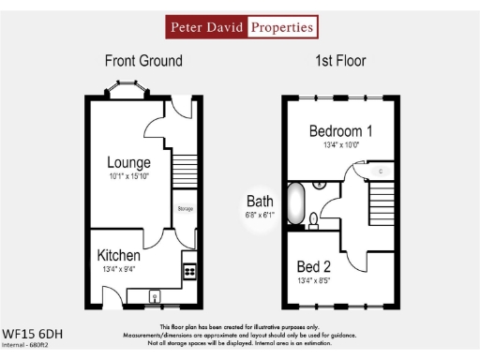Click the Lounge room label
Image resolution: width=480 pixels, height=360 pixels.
click(128, 161)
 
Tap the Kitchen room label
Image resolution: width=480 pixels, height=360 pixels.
click(119, 255)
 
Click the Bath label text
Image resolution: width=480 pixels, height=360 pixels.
click(260, 200)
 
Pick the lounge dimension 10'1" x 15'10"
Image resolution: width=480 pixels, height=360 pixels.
click(128, 175)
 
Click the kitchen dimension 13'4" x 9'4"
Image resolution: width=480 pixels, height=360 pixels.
click(119, 270)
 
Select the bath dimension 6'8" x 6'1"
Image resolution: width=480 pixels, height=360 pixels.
click(260, 215)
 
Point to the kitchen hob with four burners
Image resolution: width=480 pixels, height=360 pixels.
click(188, 271)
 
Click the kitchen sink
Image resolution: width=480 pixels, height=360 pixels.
click(156, 298)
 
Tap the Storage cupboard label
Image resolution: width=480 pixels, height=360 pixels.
click(185, 208)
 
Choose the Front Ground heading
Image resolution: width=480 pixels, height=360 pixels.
click(143, 61)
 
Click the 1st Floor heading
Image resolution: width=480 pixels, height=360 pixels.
click(340, 61)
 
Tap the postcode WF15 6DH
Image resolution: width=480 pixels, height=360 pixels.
click(33, 333)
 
